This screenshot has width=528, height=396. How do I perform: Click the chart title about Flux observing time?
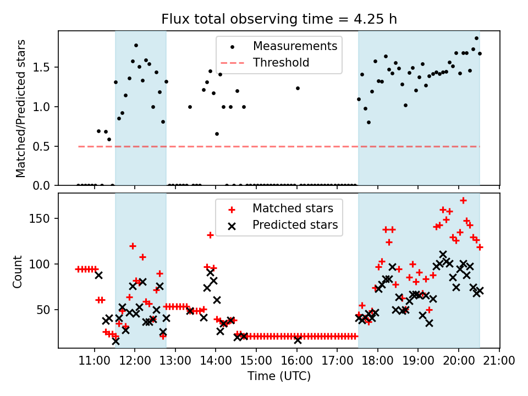pos(279,19)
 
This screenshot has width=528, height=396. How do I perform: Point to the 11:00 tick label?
pos(95,361)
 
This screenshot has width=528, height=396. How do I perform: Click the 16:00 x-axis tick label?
pos(297,361)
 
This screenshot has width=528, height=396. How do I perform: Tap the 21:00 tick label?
pos(499,361)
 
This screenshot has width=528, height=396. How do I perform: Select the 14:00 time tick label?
pos(216,361)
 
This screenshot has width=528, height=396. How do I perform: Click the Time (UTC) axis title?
pos(279,377)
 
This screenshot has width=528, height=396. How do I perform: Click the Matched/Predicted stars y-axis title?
pos(21,108)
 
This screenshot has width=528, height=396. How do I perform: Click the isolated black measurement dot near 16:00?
pos(298,88)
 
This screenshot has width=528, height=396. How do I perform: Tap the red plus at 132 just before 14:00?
pos(210,235)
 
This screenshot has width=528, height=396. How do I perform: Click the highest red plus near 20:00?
pos(463,200)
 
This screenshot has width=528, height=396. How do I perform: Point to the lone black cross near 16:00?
pos(298,340)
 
